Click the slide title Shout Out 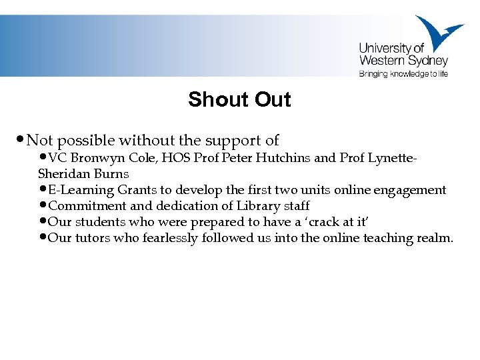click(x=239, y=99)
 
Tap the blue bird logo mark click(x=436, y=33)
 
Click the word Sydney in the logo click(x=429, y=61)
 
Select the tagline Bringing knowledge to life click(x=403, y=74)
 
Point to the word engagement click(x=410, y=190)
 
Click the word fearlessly click(x=170, y=238)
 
